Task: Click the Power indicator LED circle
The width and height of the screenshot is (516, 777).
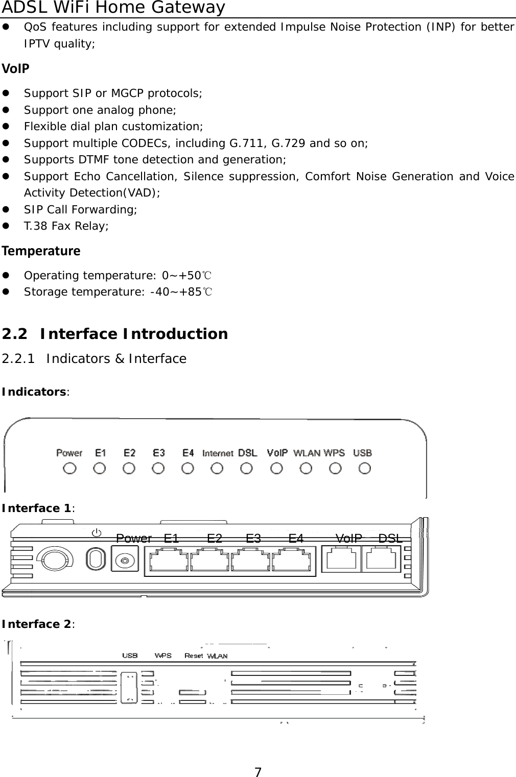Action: tap(69, 468)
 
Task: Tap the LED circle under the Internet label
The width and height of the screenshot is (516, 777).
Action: tap(217, 468)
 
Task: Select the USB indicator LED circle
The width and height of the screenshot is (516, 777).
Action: tap(365, 468)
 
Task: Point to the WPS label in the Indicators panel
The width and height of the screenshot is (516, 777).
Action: tap(334, 453)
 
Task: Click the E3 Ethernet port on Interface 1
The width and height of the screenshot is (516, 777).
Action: tap(250, 560)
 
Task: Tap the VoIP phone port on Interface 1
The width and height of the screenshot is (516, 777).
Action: tap(342, 559)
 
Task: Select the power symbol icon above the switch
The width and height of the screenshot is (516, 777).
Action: tap(96, 533)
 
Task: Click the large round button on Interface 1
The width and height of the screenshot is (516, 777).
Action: tap(54, 560)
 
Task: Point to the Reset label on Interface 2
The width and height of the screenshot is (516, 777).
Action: tap(194, 655)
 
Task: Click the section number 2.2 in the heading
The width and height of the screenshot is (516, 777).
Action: tap(15, 334)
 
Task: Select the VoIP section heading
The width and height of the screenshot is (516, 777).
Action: tap(16, 68)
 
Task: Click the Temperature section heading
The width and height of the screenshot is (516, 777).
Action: tap(41, 251)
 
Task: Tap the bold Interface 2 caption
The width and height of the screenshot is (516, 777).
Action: tap(37, 624)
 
